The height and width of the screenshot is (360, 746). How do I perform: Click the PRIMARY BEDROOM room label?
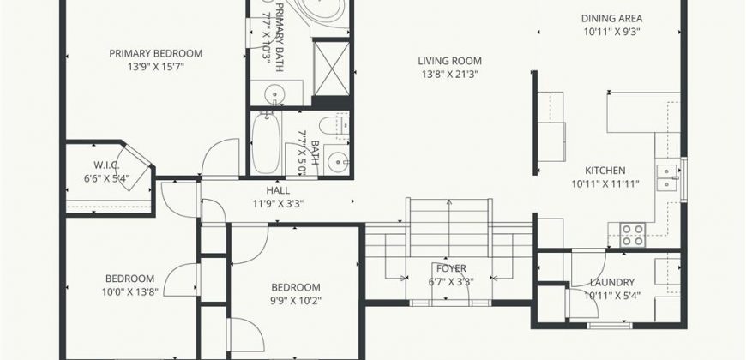point(155,53)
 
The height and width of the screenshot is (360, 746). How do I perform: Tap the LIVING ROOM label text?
point(449,61)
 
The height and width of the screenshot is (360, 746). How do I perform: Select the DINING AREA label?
point(612,19)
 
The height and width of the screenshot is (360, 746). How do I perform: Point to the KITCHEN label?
point(605,171)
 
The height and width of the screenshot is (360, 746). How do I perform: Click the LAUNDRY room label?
point(612,283)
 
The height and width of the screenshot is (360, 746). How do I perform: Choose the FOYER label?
point(451,268)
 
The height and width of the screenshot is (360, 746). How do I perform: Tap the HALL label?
point(278,190)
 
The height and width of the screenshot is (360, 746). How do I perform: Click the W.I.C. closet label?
point(106,165)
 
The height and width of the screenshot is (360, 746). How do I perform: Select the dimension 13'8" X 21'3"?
point(449,75)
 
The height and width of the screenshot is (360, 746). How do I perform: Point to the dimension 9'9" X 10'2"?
point(296,301)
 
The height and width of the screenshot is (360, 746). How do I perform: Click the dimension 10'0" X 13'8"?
point(129,291)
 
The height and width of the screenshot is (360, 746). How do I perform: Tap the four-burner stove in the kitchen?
point(633,235)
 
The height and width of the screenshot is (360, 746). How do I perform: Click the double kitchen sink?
point(667,177)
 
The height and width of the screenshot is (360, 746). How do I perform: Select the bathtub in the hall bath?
point(266,142)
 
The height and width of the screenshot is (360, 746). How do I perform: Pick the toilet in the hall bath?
point(334,126)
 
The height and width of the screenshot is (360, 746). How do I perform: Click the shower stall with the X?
point(332,69)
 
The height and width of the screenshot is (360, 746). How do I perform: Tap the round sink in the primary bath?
point(274,92)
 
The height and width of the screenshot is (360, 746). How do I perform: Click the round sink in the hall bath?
point(339,162)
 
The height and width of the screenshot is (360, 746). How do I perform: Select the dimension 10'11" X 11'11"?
point(605,183)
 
